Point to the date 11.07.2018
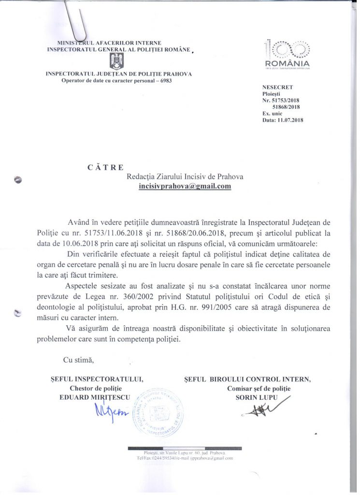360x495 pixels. (289, 119)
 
